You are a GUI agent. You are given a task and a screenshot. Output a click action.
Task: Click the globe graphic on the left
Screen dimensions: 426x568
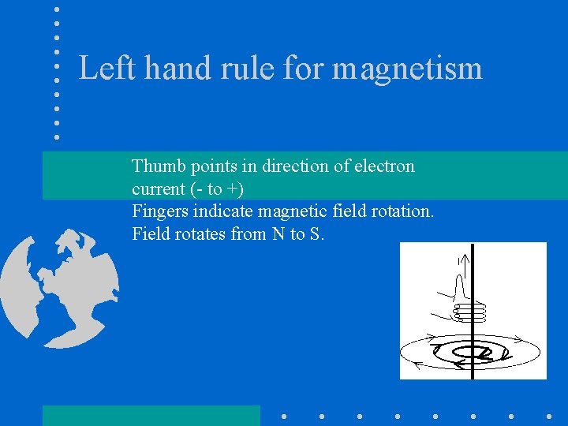[59, 287]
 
